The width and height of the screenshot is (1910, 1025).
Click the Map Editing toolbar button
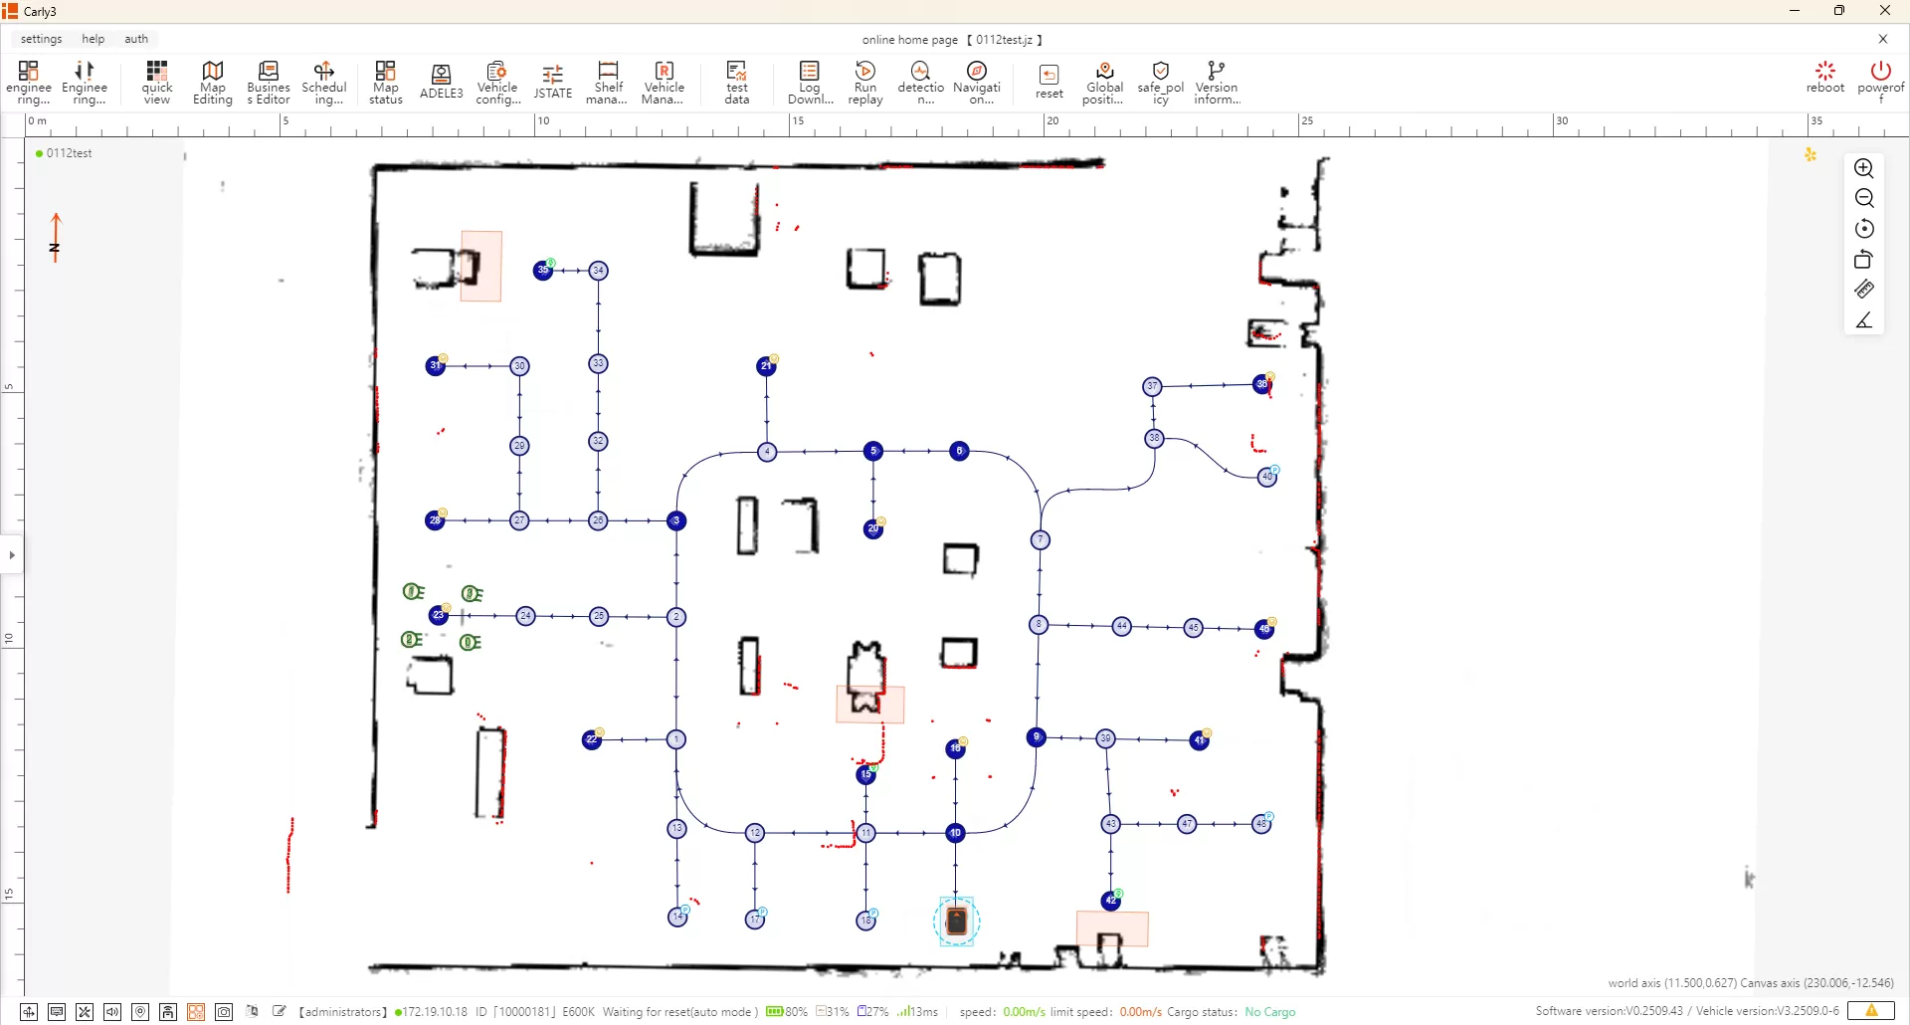(212, 83)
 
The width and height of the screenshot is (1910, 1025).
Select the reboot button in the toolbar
(1824, 78)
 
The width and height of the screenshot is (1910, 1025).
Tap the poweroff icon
(1880, 78)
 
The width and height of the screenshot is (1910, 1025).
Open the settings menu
(41, 39)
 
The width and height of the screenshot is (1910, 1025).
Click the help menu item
(93, 39)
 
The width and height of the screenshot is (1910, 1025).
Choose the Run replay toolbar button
(865, 83)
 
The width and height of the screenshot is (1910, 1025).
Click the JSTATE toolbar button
(552, 83)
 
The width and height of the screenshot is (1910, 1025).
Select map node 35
(543, 271)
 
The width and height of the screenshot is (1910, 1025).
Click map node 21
(766, 366)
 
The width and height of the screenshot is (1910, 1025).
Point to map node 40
(1267, 477)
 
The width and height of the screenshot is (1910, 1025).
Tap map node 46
(1264, 629)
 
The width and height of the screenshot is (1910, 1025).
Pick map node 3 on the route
(676, 520)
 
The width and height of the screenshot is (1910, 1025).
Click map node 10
(955, 833)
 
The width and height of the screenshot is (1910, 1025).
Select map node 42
(1110, 901)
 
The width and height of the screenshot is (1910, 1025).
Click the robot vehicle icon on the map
(957, 922)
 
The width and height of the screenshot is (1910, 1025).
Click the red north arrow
(56, 237)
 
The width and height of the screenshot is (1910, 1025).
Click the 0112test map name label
(69, 153)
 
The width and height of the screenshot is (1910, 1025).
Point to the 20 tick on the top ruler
(1051, 121)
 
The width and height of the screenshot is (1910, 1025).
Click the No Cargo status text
(1270, 1012)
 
